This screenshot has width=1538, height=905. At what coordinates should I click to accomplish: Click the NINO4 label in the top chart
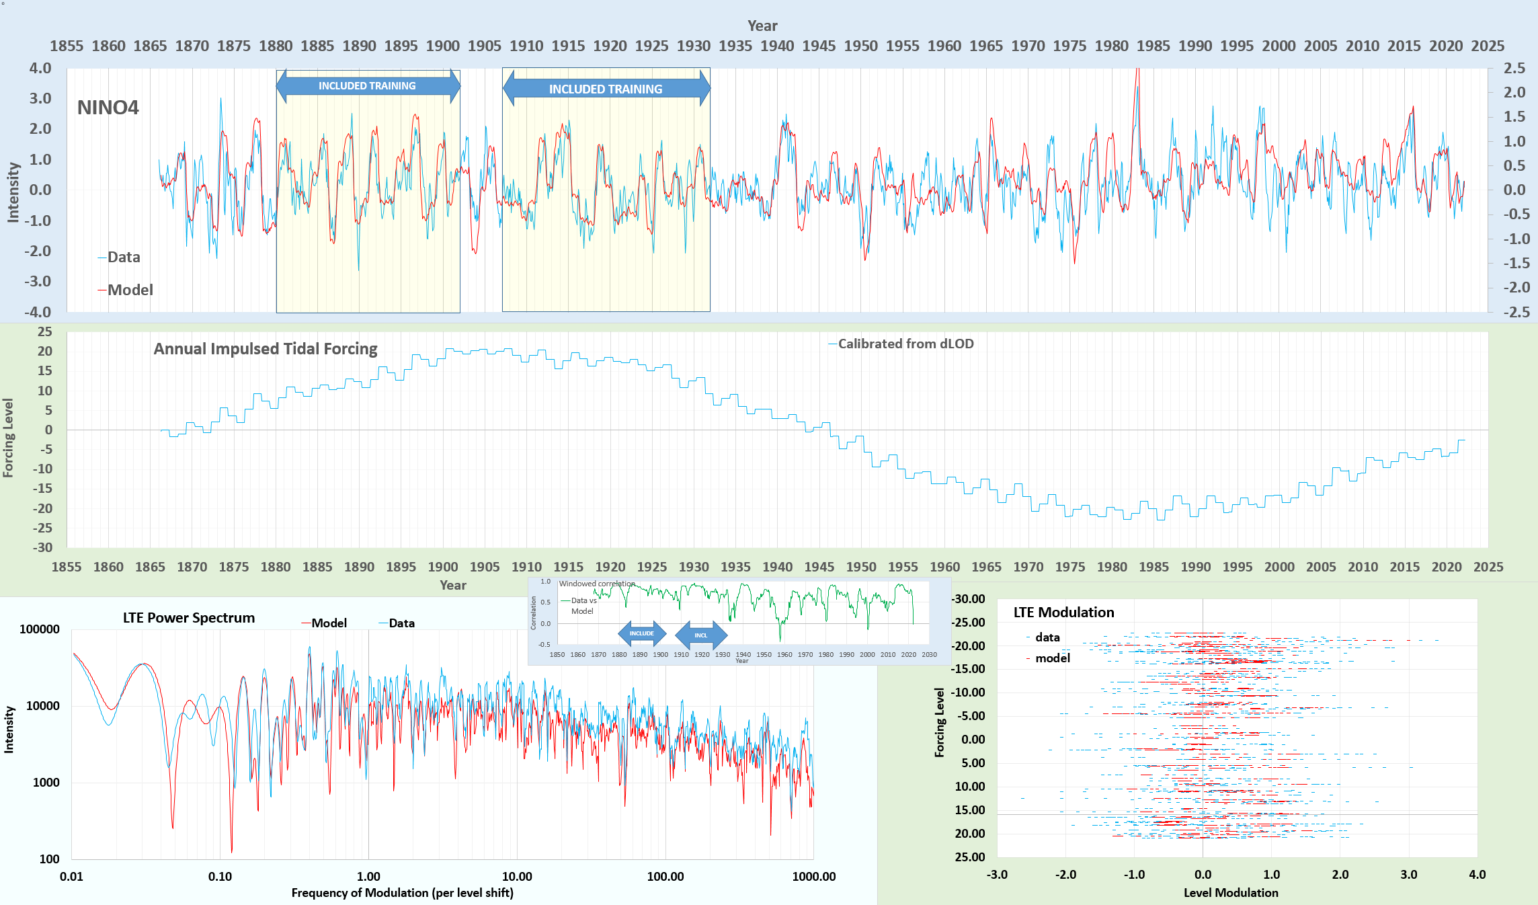click(x=108, y=108)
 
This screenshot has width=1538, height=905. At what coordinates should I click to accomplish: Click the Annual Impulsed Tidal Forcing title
click(x=265, y=349)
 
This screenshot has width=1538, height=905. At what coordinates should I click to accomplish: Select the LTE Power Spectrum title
click(x=189, y=618)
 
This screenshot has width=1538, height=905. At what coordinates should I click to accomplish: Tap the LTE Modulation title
click(x=1063, y=613)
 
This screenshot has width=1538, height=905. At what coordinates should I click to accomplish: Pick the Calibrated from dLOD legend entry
click(x=905, y=344)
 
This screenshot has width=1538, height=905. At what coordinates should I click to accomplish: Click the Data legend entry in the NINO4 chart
click(x=123, y=257)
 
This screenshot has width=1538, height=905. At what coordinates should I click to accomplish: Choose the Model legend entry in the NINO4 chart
click(x=130, y=290)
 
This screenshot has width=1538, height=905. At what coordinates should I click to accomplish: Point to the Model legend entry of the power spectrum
click(x=328, y=623)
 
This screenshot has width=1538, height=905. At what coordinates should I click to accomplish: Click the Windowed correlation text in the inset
click(x=596, y=584)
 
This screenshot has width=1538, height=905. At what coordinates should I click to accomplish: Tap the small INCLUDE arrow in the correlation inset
click(x=641, y=633)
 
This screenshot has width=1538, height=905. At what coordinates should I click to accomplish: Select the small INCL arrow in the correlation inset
click(x=700, y=635)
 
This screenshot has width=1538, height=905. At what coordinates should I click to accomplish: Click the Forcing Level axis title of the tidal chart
click(x=8, y=438)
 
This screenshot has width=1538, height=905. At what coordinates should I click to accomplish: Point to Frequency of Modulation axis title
click(x=402, y=893)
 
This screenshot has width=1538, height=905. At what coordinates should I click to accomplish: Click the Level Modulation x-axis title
click(x=1231, y=893)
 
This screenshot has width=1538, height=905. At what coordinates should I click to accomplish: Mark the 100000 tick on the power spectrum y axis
click(x=40, y=629)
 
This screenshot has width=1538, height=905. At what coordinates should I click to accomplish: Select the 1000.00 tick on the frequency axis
click(x=813, y=877)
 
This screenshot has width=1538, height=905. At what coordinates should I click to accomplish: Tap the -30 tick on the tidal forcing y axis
click(x=42, y=547)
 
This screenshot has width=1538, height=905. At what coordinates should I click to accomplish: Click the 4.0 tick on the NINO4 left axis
click(x=40, y=68)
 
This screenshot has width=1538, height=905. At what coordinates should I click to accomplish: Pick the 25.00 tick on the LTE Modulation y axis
click(x=969, y=857)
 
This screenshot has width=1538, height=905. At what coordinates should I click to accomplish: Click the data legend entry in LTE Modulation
click(x=1047, y=637)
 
